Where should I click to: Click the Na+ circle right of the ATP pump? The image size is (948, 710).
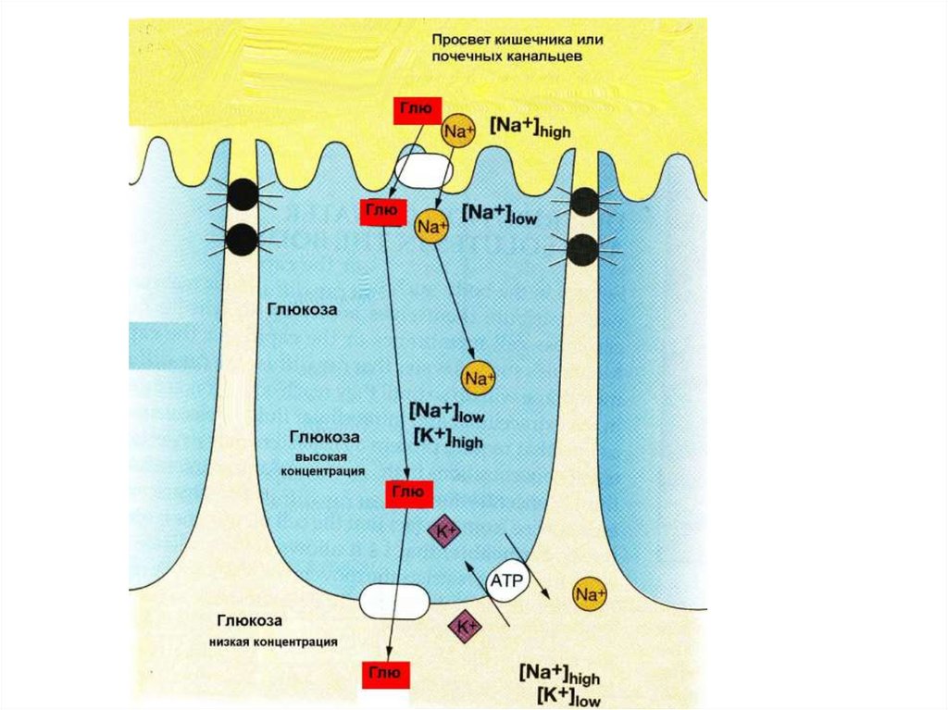(x=590, y=593)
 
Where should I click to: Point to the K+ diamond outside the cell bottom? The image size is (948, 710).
(x=466, y=628)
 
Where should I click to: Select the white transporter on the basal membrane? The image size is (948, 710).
(x=395, y=601)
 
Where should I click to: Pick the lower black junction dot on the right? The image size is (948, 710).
(x=583, y=247)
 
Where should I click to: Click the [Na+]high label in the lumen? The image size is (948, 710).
(x=530, y=128)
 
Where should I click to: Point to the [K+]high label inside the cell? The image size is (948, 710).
(x=445, y=439)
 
